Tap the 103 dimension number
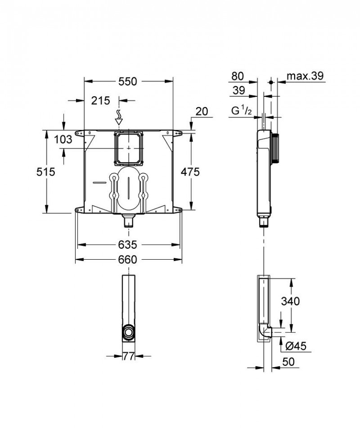[63, 139]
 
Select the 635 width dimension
[128, 244]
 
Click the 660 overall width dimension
[128, 259]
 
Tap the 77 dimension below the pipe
[129, 356]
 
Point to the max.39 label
[306, 76]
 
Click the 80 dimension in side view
[237, 76]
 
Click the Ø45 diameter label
[296, 346]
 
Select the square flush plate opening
[129, 148]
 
